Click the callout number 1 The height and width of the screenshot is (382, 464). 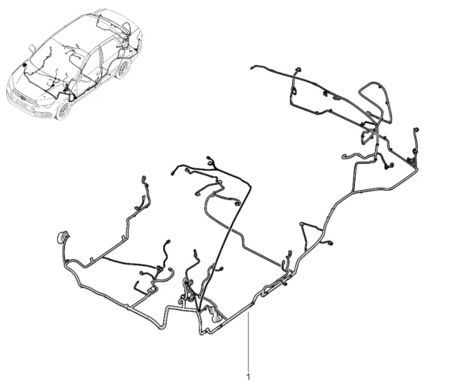[x=248, y=377]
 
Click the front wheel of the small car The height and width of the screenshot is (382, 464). [x=63, y=111]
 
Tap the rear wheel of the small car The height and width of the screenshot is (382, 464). [x=123, y=69]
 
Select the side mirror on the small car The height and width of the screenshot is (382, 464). [x=32, y=48]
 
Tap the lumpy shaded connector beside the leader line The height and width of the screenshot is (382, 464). [x=214, y=314]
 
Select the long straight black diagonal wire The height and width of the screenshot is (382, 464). [x=226, y=247]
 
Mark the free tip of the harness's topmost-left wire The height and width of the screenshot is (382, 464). [x=252, y=68]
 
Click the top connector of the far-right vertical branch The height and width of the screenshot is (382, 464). [x=416, y=130]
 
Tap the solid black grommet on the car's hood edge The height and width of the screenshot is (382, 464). [x=24, y=65]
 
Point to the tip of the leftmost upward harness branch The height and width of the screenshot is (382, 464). [x=144, y=179]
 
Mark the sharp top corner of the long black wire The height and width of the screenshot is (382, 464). [x=250, y=186]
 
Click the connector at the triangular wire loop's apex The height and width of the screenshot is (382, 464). [x=302, y=223]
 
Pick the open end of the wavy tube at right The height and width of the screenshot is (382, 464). [x=343, y=157]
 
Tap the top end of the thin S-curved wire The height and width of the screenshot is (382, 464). [x=169, y=241]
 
